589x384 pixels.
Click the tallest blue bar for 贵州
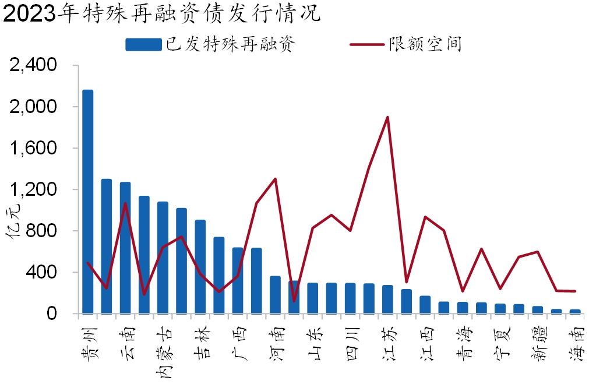tap(88, 201)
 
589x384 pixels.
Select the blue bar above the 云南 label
tap(125, 248)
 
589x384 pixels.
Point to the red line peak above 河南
tap(275, 179)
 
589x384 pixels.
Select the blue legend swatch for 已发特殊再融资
tap(143, 45)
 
